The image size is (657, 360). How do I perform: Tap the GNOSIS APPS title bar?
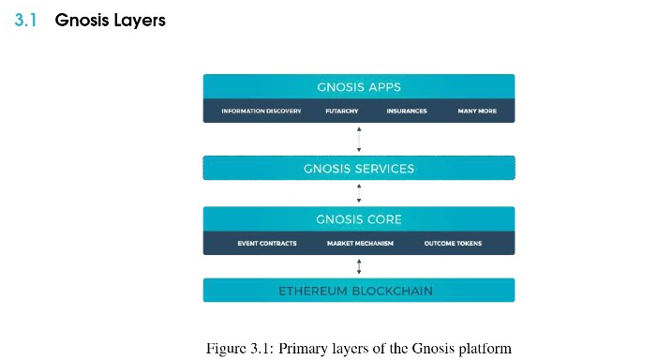click(x=359, y=86)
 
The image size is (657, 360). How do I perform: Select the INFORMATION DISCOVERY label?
click(x=261, y=111)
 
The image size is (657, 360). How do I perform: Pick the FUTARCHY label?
click(x=341, y=111)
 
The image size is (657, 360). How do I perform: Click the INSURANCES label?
click(x=406, y=111)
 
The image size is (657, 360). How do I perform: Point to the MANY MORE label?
click(x=476, y=111)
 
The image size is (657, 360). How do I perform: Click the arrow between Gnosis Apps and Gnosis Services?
click(x=359, y=139)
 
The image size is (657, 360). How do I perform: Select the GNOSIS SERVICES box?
click(x=359, y=169)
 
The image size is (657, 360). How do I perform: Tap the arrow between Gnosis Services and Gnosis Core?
click(x=359, y=194)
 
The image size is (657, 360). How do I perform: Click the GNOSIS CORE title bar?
click(x=359, y=219)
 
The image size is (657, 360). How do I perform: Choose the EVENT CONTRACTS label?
click(x=267, y=244)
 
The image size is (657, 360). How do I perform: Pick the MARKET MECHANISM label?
click(x=360, y=244)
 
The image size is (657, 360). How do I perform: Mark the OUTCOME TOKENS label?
click(x=453, y=244)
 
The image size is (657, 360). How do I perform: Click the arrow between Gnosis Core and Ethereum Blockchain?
click(x=359, y=266)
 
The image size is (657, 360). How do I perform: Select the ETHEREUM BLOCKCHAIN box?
click(x=359, y=291)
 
